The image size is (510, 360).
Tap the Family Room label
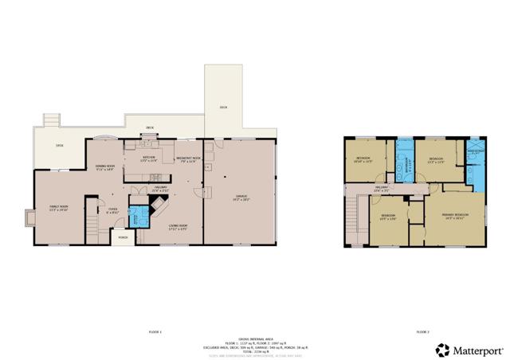(54, 208)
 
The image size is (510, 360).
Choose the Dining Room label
(106, 168)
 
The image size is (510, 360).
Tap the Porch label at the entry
(123, 237)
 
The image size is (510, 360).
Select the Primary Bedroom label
(456, 216)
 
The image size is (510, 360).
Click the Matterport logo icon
(441, 349)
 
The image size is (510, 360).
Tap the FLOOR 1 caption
(155, 331)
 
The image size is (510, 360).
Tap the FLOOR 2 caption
(422, 331)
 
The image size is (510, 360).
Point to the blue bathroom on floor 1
(138, 216)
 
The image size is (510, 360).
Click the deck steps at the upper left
(51, 120)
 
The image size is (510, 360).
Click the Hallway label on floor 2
(382, 189)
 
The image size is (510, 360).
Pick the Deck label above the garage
(223, 106)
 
